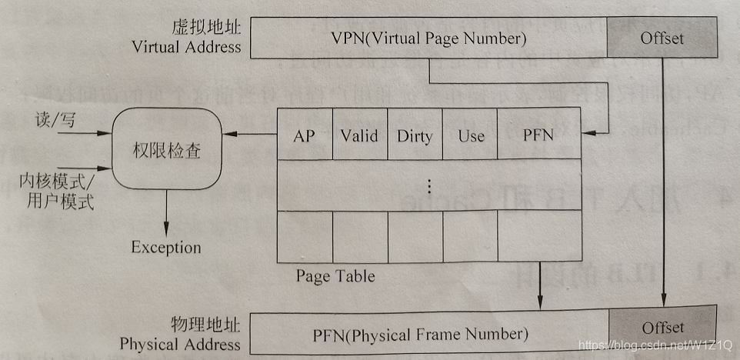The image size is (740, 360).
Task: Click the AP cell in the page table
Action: tap(305, 136)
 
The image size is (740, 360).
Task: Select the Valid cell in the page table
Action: tap(359, 136)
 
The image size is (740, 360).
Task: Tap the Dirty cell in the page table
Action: tap(415, 137)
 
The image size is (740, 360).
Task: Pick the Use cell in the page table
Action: tap(470, 136)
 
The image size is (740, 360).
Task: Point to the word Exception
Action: tap(165, 248)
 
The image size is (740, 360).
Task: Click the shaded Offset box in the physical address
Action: tap(662, 328)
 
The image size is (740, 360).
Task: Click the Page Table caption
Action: tap(335, 275)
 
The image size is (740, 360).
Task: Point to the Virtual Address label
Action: tap(186, 47)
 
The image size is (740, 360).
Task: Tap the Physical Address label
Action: tap(180, 344)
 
